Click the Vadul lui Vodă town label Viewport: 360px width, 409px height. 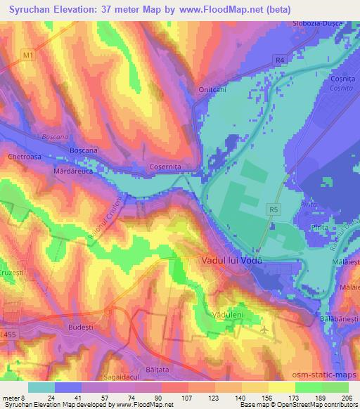[227, 260]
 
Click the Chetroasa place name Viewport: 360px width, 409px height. [23, 157]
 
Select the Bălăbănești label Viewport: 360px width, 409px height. [336, 318]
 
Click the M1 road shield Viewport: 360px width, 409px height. [27, 54]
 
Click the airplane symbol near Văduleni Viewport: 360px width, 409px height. [264, 329]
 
